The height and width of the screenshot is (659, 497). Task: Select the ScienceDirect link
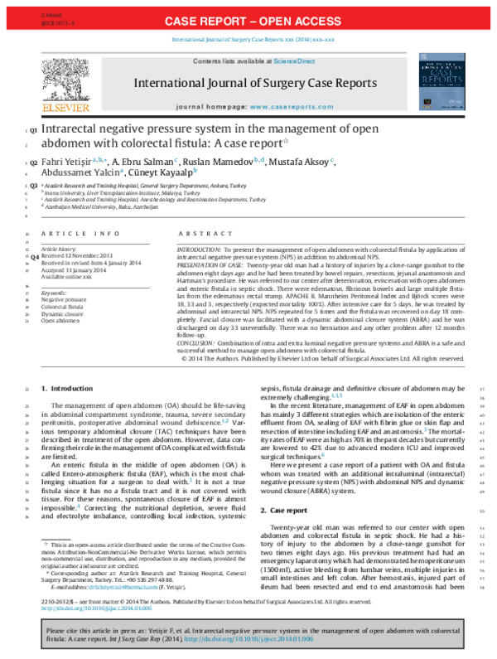(293, 61)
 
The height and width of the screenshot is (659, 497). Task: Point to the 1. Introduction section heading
(73, 388)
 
